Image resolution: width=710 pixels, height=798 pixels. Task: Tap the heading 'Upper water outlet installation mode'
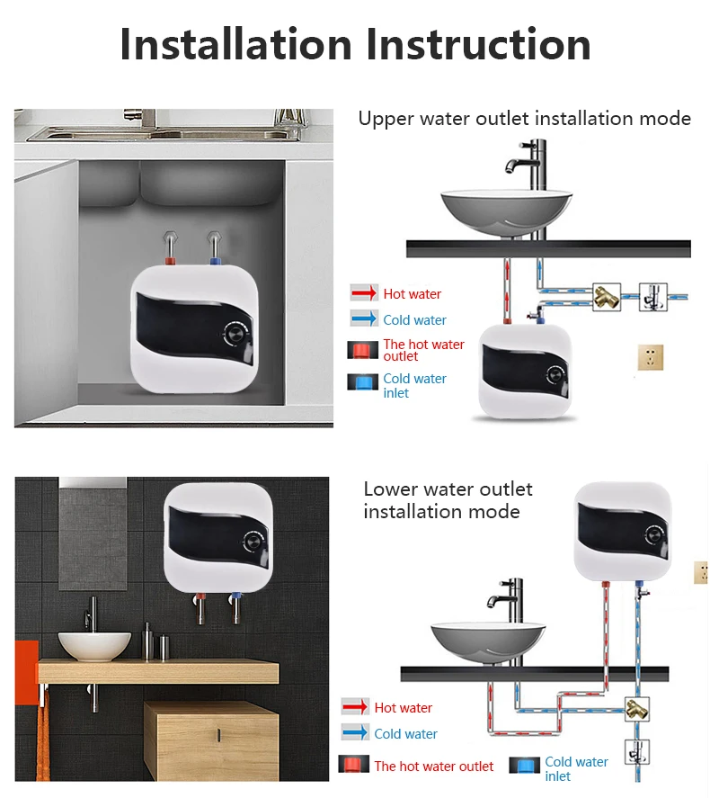click(525, 119)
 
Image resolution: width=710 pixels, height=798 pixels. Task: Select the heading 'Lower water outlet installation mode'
click(447, 500)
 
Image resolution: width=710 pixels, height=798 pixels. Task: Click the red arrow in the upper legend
click(363, 293)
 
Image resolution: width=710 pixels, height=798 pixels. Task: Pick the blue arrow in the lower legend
click(354, 733)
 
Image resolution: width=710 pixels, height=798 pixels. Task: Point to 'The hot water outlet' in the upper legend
click(423, 350)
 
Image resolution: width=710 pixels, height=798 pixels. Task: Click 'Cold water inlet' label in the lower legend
click(576, 768)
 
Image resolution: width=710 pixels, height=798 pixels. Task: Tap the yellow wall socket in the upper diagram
click(649, 357)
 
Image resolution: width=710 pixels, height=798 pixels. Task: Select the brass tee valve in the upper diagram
click(606, 296)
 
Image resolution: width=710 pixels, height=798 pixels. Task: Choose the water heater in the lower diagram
click(623, 530)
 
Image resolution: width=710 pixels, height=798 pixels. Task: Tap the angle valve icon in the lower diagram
click(637, 751)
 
